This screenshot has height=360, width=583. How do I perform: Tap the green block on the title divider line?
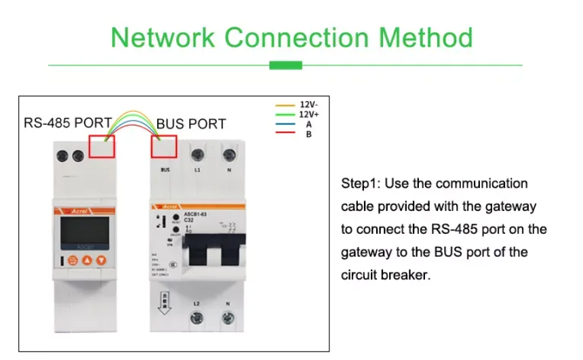(285, 65)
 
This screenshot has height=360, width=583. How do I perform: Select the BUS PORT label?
(191, 124)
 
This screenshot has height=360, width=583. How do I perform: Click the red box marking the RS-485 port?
(102, 146)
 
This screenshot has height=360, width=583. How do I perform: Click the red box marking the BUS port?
(165, 147)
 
